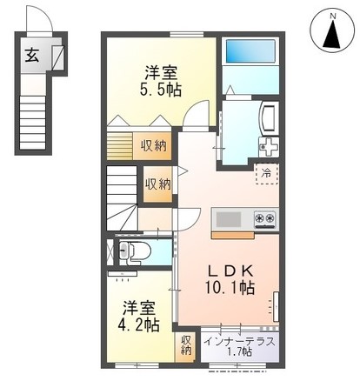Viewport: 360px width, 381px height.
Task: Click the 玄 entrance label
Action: pyautogui.click(x=31, y=56)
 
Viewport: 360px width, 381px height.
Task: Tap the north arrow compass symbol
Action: pyautogui.click(x=332, y=30)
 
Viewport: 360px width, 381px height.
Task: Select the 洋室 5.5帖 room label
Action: pyautogui.click(x=161, y=81)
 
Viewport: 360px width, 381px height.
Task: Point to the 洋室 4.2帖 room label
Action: pyautogui.click(x=138, y=317)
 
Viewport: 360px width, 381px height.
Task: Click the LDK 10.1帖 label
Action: pyautogui.click(x=230, y=280)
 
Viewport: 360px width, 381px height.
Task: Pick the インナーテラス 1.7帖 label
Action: pyautogui.click(x=239, y=346)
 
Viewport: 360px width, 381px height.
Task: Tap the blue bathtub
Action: pyautogui.click(x=250, y=51)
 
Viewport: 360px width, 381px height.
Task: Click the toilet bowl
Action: pyautogui.click(x=136, y=251)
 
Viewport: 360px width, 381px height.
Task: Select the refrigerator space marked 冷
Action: pyautogui.click(x=266, y=174)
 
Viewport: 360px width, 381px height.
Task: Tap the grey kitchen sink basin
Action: pyautogui.click(x=229, y=219)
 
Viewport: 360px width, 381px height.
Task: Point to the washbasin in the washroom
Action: pyautogui.click(x=269, y=118)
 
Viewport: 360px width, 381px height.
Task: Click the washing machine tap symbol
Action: pyautogui.click(x=269, y=147)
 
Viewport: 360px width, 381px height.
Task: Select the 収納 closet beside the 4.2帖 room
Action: pyautogui.click(x=184, y=346)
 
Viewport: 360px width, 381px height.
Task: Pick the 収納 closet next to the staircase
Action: pyautogui.click(x=158, y=184)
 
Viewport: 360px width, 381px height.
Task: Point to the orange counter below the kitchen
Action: pyautogui.click(x=233, y=235)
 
